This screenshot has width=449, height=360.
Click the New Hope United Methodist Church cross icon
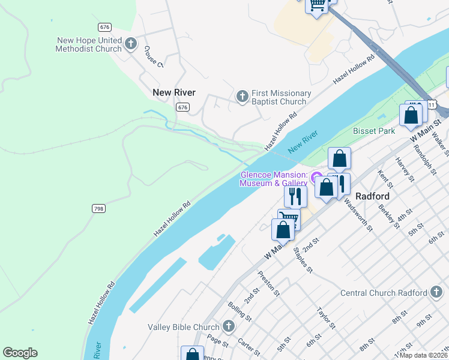click(x=131, y=43)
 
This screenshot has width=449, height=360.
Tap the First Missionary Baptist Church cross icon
click(x=242, y=96)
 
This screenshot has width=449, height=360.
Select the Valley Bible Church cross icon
click(x=228, y=326)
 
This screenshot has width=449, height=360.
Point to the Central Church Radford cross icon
click(x=437, y=292)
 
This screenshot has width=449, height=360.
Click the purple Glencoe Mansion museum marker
click(x=316, y=179)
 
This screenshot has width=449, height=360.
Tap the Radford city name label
click(x=373, y=196)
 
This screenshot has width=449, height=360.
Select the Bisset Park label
click(x=374, y=131)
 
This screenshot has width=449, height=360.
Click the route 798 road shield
click(x=99, y=208)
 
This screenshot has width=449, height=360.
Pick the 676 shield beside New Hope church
click(x=105, y=27)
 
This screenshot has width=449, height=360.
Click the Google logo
click(x=20, y=353)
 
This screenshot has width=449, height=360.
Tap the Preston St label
click(x=268, y=283)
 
